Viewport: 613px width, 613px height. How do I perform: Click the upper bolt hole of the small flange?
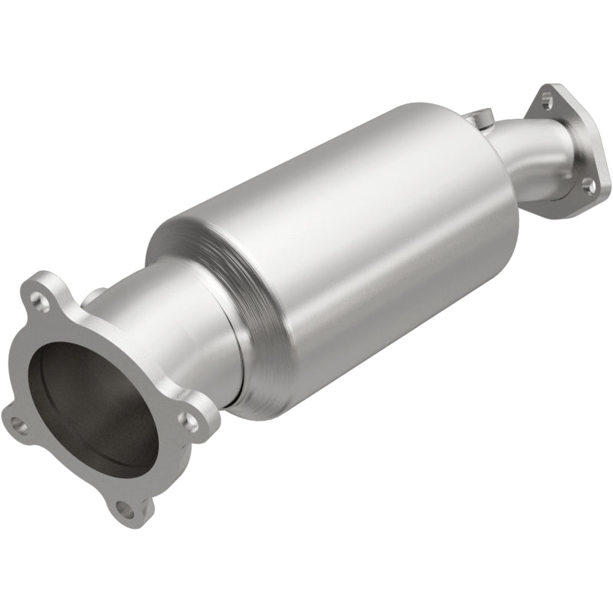click(545, 98)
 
